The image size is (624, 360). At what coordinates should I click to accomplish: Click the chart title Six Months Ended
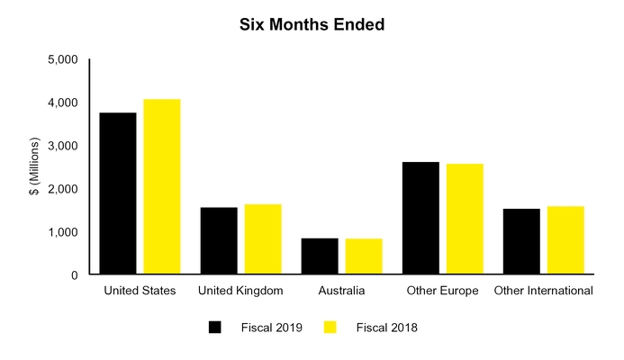[x=312, y=25]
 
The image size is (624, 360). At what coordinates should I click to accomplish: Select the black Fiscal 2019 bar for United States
[x=118, y=193]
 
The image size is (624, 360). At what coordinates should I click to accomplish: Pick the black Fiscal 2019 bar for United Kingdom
[x=219, y=241]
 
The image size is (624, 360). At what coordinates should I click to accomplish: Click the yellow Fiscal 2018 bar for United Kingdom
[x=263, y=239]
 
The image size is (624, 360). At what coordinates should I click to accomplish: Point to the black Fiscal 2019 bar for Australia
[x=320, y=256]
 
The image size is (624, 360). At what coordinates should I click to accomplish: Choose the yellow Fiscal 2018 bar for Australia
[x=364, y=256]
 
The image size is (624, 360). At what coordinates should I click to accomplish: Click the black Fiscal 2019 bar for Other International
[x=521, y=242]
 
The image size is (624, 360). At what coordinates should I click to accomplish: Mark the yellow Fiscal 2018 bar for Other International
[x=565, y=240]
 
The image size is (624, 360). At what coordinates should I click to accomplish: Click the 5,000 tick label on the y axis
[x=62, y=60]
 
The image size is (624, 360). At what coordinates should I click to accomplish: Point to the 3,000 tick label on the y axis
[x=62, y=146]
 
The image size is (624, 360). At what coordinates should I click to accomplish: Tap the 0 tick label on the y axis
[x=74, y=274]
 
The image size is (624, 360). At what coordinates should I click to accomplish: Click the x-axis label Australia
[x=341, y=291]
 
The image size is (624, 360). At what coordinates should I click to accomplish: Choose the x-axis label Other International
[x=543, y=291]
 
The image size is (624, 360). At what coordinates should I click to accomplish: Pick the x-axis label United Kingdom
[x=240, y=291]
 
